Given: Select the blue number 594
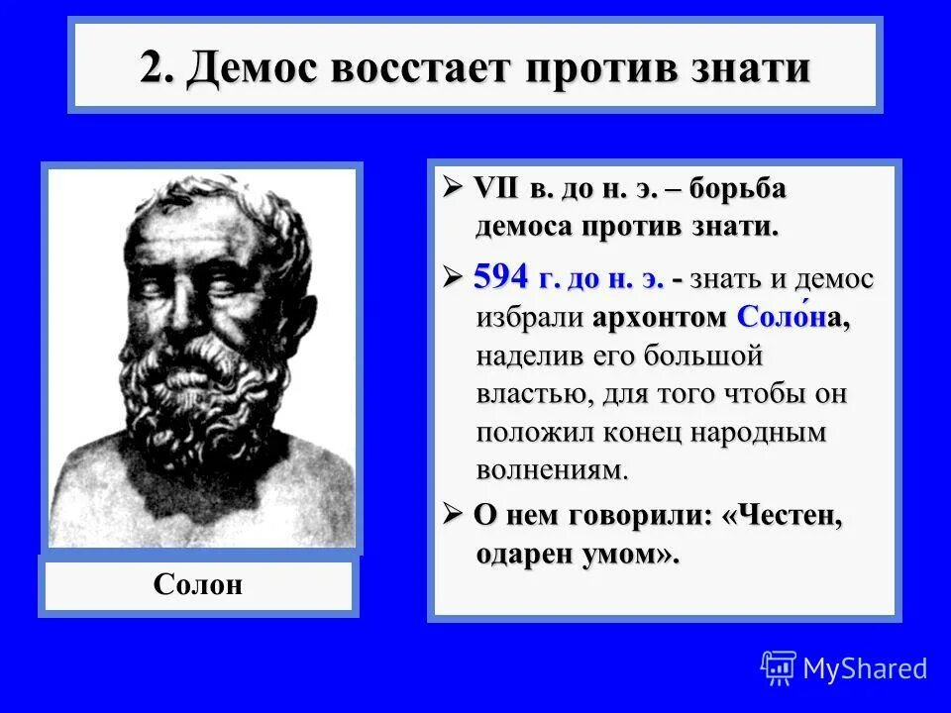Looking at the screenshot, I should (503, 277).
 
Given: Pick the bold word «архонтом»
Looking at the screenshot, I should (661, 319).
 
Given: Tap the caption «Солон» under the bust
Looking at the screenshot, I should (198, 585).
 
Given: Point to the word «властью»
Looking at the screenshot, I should (532, 394).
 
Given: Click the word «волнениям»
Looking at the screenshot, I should (552, 468).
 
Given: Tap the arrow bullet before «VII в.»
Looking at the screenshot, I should (454, 188).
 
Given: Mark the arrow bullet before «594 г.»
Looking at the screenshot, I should (454, 278).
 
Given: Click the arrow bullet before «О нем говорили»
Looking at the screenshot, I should (454, 515).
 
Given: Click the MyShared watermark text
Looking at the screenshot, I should (865, 668).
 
